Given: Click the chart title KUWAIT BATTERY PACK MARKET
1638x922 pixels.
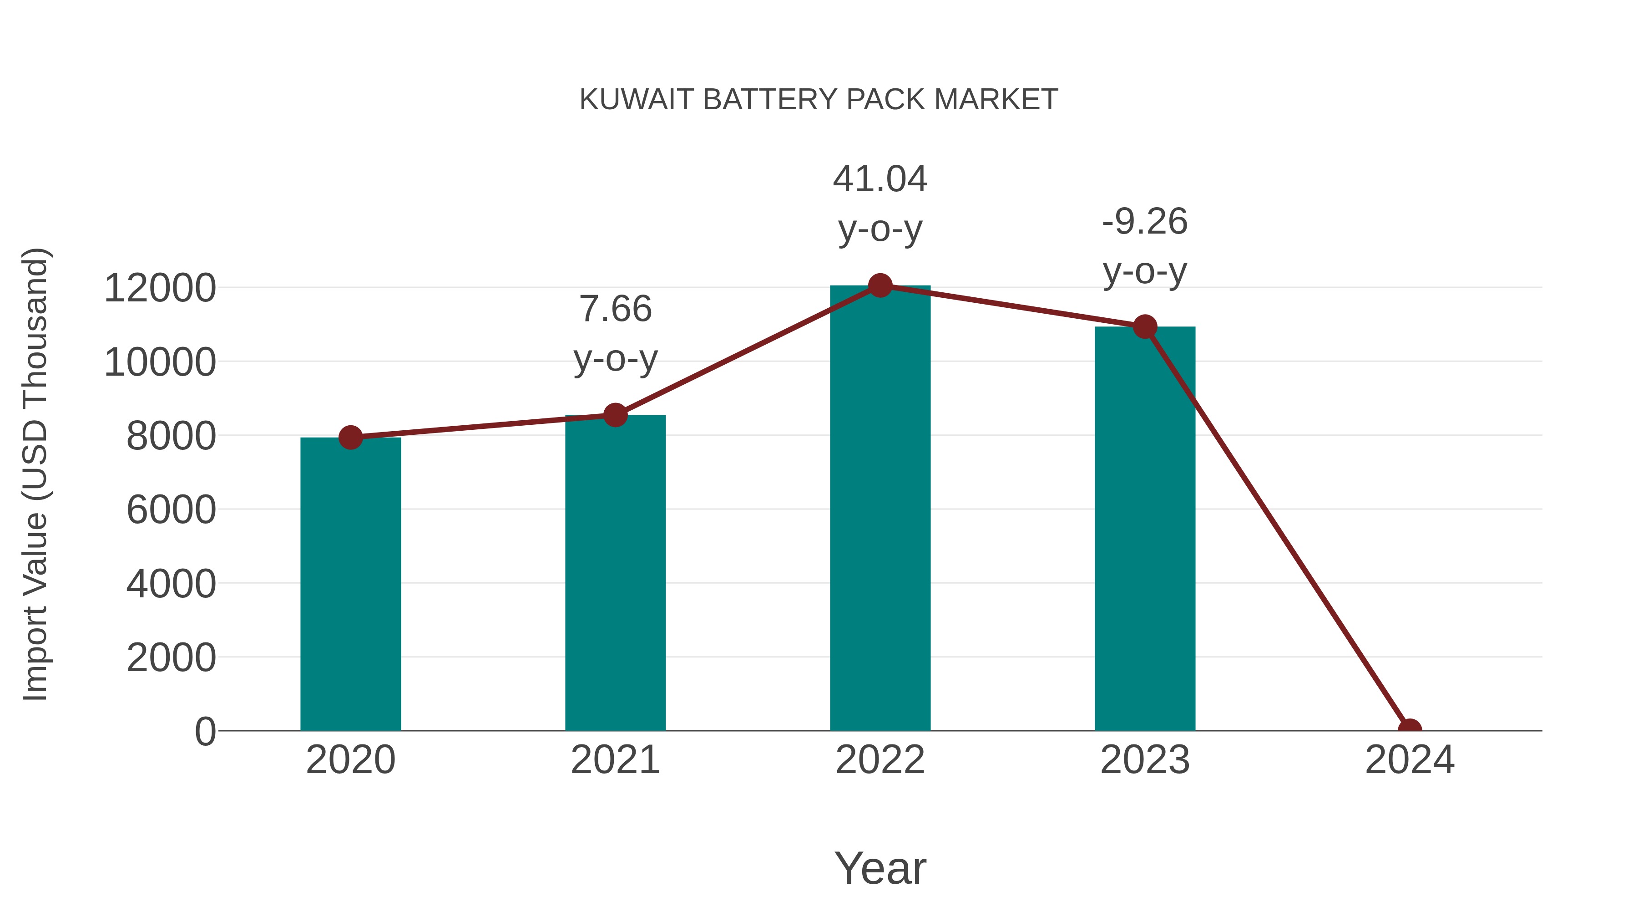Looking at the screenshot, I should click(819, 100).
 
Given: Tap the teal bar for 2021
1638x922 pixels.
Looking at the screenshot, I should click(615, 573).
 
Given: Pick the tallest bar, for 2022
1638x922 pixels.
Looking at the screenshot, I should click(880, 509).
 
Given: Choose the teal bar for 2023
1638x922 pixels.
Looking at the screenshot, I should click(1145, 528).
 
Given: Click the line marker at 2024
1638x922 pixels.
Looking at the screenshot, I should click(1409, 729).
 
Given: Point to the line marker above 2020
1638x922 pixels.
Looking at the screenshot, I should click(350, 437).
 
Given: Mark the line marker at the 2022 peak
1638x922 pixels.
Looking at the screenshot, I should click(880, 285).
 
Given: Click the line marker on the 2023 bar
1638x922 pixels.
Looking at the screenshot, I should click(1145, 327).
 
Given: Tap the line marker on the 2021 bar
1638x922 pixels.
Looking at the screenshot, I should click(615, 415).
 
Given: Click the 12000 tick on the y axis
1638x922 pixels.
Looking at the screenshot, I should click(160, 288).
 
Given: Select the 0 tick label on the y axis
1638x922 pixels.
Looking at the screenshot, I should click(205, 731).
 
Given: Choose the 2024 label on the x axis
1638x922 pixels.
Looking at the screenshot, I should click(1409, 760).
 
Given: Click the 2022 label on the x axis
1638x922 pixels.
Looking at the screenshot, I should click(880, 760).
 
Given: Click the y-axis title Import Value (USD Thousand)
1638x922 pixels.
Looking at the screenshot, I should click(35, 474).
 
